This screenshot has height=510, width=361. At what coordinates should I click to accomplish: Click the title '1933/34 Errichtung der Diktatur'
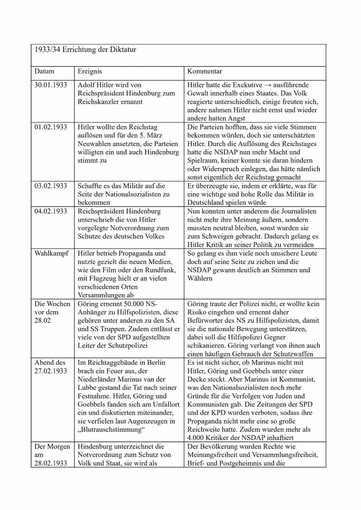click(x=85, y=50)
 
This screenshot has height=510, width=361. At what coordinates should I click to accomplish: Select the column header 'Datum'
click(x=44, y=71)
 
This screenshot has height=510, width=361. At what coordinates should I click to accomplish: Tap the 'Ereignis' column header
click(x=89, y=71)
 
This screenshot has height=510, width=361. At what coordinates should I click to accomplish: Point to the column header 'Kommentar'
click(x=204, y=71)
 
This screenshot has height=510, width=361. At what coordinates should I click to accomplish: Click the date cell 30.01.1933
click(x=51, y=85)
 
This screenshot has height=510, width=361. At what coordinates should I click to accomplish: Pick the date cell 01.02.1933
click(x=51, y=127)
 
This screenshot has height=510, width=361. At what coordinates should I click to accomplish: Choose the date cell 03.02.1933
click(x=51, y=186)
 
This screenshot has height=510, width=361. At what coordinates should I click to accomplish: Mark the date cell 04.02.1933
click(x=51, y=211)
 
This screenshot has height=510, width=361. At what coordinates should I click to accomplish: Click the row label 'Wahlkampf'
click(x=51, y=253)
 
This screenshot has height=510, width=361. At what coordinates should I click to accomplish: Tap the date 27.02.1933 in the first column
click(x=51, y=371)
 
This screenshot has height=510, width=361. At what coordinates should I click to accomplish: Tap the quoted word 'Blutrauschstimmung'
click(x=111, y=430)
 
